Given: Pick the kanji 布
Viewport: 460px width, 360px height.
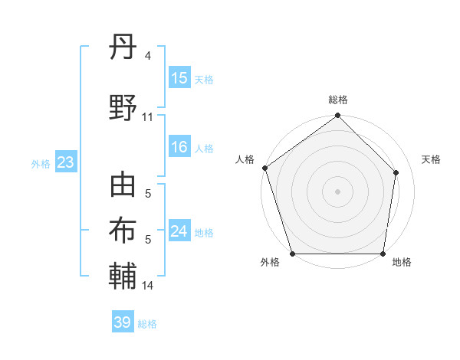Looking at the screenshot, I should click(x=123, y=230).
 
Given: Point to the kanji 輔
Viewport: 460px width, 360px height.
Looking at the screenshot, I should click(x=123, y=275).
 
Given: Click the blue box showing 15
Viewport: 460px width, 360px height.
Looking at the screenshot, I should click(x=179, y=78).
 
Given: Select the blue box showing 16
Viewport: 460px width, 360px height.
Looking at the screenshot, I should click(x=179, y=148).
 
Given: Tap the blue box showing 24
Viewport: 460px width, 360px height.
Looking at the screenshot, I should click(x=179, y=231).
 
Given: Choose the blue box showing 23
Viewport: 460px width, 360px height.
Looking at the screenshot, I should click(x=65, y=162).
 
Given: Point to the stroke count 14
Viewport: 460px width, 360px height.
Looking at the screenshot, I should click(x=148, y=286).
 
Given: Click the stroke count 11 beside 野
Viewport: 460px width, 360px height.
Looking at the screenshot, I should click(x=148, y=116).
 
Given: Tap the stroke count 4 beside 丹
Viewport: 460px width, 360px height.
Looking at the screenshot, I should click(x=148, y=56).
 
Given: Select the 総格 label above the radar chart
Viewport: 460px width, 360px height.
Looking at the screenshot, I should click(x=337, y=100).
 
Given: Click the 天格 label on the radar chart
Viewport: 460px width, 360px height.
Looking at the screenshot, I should click(x=431, y=159).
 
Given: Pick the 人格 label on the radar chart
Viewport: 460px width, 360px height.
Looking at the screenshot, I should click(x=245, y=159).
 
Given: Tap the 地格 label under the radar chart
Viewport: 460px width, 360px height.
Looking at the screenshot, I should click(x=402, y=263).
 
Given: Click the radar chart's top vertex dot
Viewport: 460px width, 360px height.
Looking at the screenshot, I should click(x=337, y=116).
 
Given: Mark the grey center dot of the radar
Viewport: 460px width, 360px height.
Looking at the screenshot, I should click(x=337, y=191).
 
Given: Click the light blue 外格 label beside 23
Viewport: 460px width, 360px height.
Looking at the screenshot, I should click(x=40, y=163).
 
